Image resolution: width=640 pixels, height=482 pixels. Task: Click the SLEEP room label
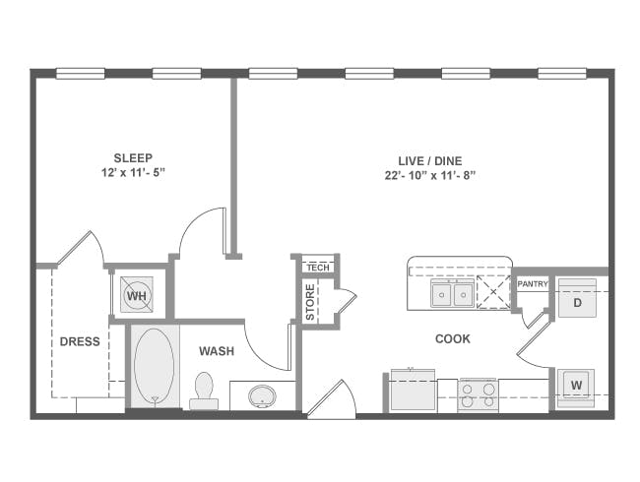[133, 157]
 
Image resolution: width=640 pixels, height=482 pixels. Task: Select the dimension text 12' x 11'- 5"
[133, 174]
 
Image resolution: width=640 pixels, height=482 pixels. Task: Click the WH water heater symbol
[136, 294]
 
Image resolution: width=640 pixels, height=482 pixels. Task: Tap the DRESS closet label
[80, 342]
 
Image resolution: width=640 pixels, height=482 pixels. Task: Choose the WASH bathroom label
[217, 351]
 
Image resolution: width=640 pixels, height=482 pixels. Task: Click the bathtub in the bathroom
[153, 365]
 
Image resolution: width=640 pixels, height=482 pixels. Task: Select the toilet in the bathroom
[206, 389]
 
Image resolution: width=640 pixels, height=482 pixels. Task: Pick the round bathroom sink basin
[262, 396]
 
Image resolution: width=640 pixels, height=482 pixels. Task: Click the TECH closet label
[317, 268]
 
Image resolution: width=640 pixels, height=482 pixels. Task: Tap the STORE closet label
[310, 303]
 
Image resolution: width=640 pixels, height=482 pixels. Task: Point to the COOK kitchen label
[453, 339]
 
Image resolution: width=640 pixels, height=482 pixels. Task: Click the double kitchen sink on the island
[453, 293]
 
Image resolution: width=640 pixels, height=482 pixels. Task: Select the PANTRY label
[532, 284]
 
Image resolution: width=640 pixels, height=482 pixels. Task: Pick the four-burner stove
[478, 394]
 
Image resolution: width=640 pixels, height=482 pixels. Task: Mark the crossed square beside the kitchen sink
[491, 292]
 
